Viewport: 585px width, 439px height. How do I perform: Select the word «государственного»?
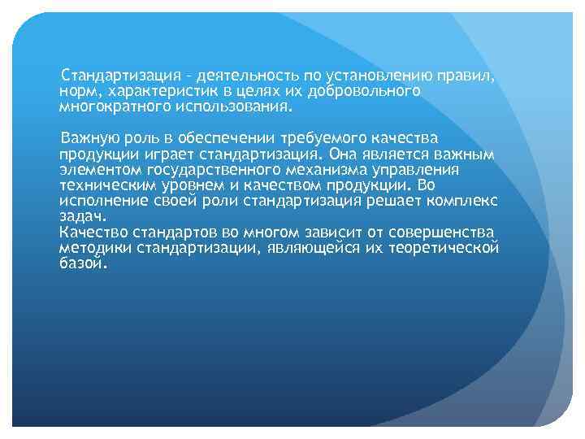tap(206, 170)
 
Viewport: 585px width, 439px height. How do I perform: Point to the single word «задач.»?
tap(80, 216)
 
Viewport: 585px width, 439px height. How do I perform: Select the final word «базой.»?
tap(83, 263)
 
